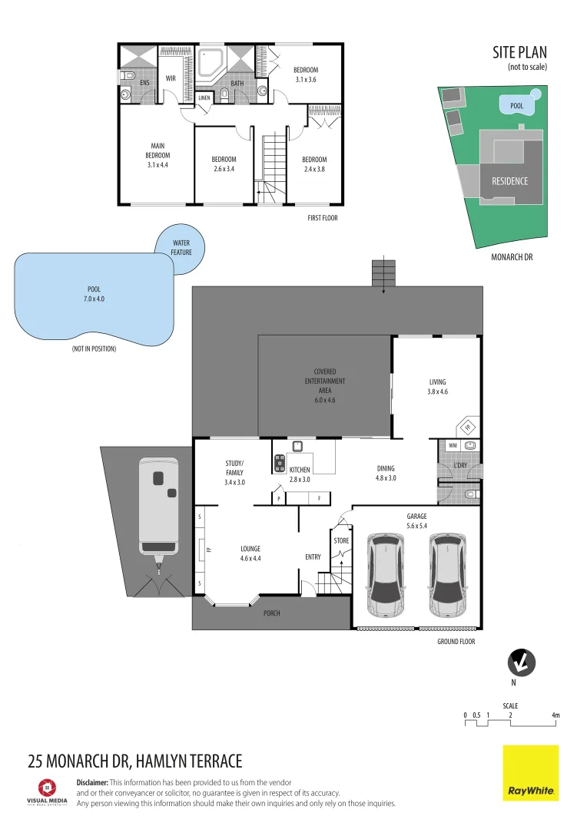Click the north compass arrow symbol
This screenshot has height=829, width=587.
pos(522,662)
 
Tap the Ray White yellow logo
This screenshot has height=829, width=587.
pos(531,773)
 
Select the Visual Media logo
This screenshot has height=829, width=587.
pos(48,791)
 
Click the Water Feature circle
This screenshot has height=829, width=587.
pos(181,247)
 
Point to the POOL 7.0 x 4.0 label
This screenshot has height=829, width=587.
pos(94,294)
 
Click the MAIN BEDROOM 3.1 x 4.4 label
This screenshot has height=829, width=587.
pos(158,154)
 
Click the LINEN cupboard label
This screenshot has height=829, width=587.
pos(204,98)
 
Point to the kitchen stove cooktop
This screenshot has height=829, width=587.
pos(279,464)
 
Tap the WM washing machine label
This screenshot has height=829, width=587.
pos(452,445)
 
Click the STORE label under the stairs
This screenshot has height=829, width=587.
pos(341,540)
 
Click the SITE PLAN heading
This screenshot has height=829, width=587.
pos(519,52)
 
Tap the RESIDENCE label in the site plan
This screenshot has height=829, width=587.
pos(509,181)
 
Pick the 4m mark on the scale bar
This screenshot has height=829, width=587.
pos(555,715)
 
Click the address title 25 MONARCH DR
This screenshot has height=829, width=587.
pos(134,761)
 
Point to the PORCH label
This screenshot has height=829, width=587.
pos(272,613)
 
